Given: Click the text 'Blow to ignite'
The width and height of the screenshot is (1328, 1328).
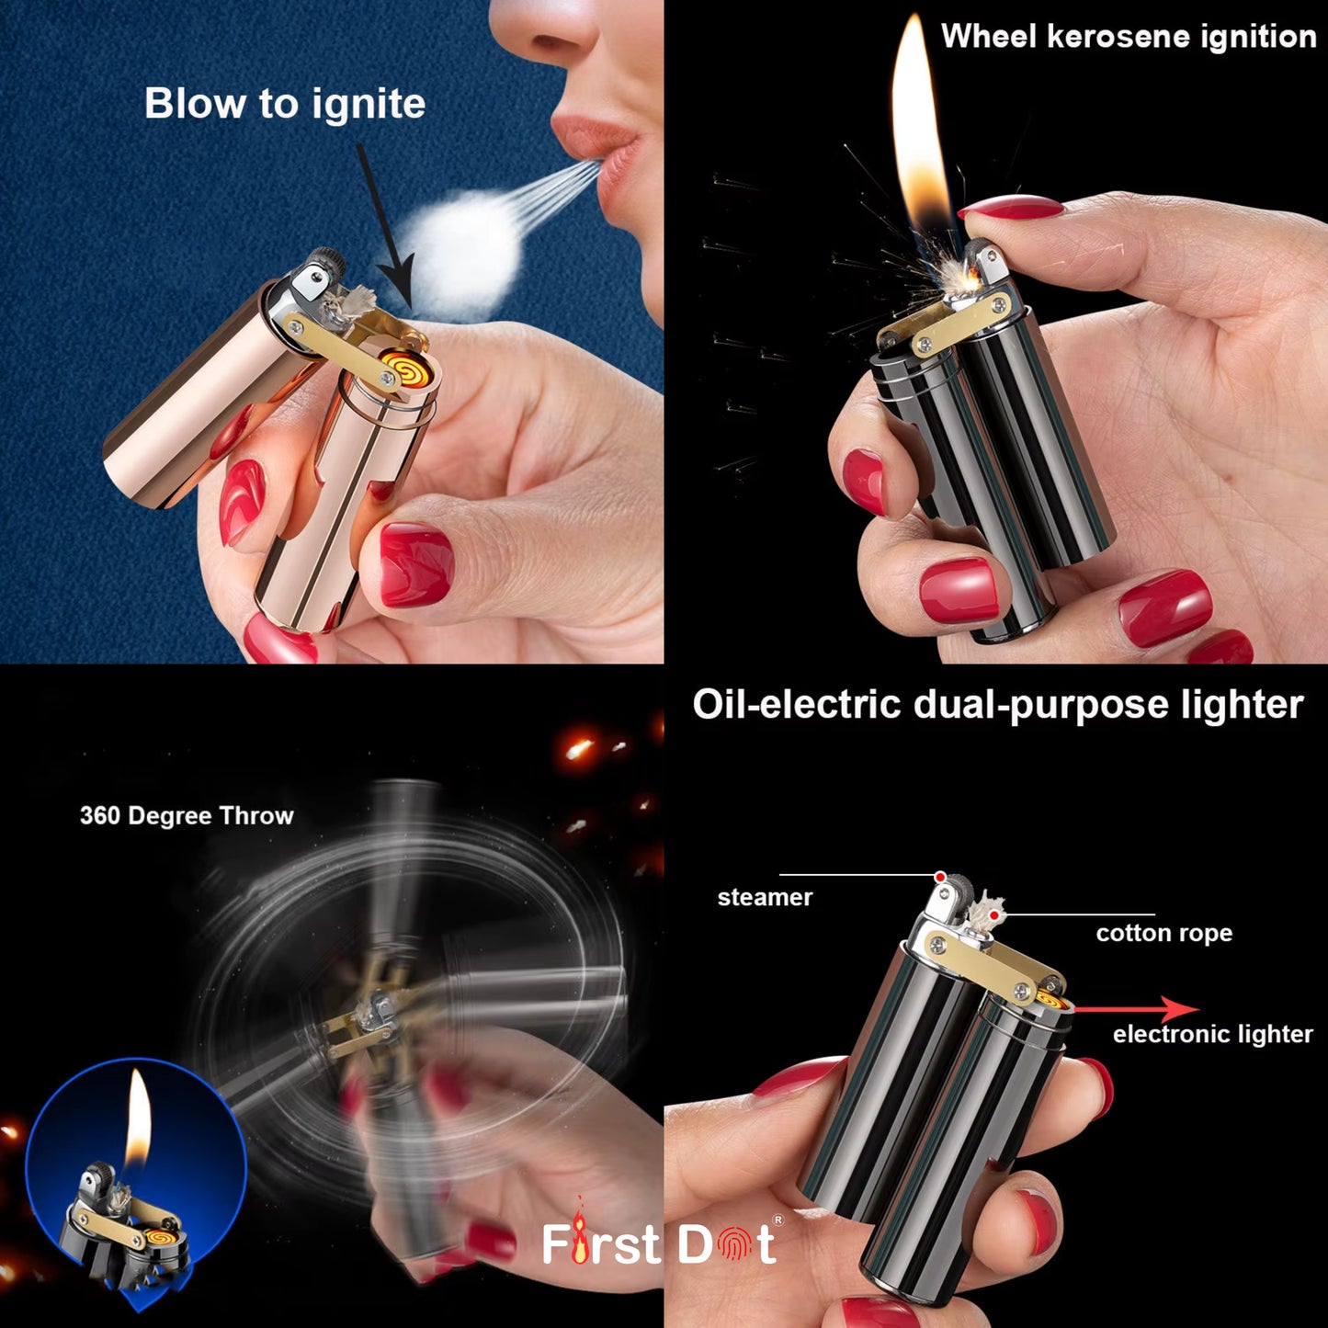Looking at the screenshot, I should (x=285, y=103).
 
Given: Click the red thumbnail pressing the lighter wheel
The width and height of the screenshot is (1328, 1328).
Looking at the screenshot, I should (x=1011, y=210).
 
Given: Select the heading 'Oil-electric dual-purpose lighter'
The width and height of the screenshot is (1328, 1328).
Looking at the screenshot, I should (x=997, y=705).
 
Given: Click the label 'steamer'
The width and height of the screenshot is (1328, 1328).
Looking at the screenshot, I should (x=765, y=898).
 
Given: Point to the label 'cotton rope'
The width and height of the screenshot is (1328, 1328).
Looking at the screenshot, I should (x=1163, y=934).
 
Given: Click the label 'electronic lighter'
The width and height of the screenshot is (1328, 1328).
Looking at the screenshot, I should (x=1212, y=1035).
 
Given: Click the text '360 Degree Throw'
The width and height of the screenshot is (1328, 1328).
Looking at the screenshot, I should (x=187, y=816).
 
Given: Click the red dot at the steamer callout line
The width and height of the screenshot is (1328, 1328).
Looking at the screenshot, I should (x=940, y=877).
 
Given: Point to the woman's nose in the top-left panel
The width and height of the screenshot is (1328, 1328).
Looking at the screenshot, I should (x=551, y=37).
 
